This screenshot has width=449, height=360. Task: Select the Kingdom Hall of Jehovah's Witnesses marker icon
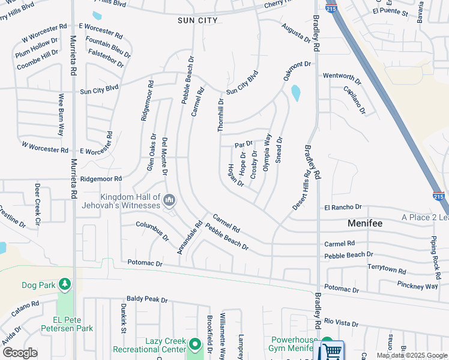(x=169, y=199)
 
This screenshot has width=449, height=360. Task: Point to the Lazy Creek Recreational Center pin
(x=194, y=344)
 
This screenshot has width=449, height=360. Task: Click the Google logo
(x=20, y=353)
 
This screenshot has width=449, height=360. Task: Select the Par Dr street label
(x=244, y=145)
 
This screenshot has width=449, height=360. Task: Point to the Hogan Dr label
(x=236, y=175)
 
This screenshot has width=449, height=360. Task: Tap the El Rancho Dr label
(x=343, y=207)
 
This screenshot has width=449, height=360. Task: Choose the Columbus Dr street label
(x=152, y=231)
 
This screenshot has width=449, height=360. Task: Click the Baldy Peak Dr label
(x=146, y=299)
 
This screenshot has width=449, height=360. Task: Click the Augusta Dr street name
(x=297, y=32)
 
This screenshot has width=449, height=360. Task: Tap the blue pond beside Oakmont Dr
(x=295, y=93)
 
